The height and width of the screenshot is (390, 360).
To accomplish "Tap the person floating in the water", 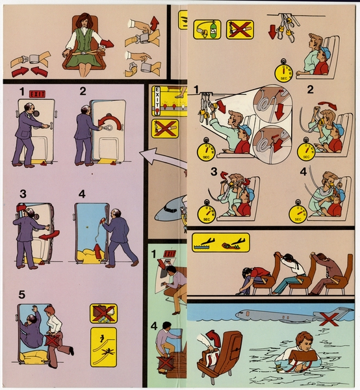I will coord(303,354).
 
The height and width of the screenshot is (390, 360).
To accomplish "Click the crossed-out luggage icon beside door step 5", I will coord(103,313).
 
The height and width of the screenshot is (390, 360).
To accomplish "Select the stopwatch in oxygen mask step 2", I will coord(305,151).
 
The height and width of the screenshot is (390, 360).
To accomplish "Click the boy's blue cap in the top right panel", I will coord(324,52).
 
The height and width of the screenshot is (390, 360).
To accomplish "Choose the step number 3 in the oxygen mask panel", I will coord(195,172).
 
